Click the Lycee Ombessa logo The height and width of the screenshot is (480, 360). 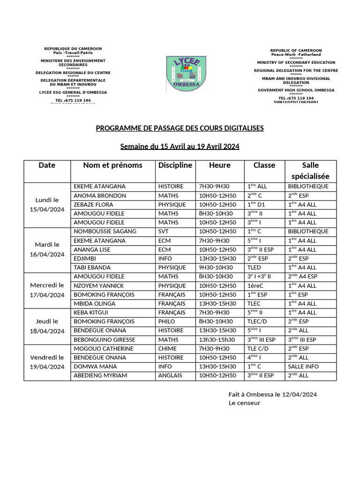(x=186, y=75)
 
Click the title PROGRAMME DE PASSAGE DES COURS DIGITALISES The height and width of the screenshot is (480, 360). (x=180, y=128)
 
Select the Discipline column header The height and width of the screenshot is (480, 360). (x=175, y=165)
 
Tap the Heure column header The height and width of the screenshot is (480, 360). (x=220, y=165)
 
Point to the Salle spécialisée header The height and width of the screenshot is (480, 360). (x=310, y=171)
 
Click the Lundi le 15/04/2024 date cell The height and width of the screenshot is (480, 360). (x=47, y=204)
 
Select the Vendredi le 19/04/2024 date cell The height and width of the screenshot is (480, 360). (x=47, y=362)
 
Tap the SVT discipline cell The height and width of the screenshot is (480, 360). (x=164, y=231)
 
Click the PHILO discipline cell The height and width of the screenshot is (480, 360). (x=166, y=322)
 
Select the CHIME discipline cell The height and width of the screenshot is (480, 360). (x=167, y=349)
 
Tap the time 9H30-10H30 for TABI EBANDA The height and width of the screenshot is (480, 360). (x=216, y=268)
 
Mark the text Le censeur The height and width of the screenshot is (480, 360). (x=244, y=403)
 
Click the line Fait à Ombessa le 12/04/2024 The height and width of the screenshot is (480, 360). (x=272, y=394)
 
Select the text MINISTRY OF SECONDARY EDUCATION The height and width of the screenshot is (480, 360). (x=296, y=62)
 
